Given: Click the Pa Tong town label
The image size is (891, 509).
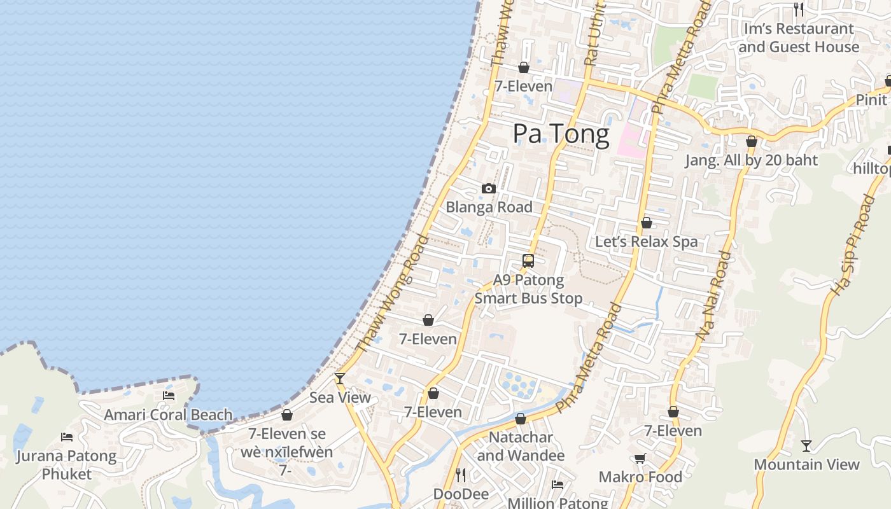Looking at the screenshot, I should (x=561, y=134).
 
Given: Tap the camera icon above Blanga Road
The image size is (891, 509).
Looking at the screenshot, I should (x=489, y=188).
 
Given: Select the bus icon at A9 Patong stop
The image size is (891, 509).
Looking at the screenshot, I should (x=528, y=260).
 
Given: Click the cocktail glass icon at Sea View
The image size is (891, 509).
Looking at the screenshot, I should (x=340, y=379).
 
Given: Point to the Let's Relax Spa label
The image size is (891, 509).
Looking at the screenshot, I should (x=646, y=242).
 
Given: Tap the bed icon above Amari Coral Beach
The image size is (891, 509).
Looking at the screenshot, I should (x=169, y=396).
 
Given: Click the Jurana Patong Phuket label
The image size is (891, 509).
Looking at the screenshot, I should (x=66, y=465).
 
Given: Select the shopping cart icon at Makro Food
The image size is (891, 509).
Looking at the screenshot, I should (x=640, y=458).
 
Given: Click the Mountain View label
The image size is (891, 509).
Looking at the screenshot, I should (x=806, y=464).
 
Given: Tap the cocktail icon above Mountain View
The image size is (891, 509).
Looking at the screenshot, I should (x=806, y=445).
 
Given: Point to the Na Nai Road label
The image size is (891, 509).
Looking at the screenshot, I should (x=712, y=295).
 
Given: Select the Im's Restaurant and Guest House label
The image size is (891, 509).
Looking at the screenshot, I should (x=799, y=38).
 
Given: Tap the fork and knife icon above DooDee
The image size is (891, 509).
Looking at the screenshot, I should (x=461, y=475).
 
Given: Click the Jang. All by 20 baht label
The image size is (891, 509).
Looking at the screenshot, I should (x=751, y=160).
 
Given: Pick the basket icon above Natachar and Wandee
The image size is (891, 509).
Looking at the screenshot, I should (x=521, y=419).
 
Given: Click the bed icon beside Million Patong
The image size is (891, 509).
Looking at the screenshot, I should (x=558, y=485).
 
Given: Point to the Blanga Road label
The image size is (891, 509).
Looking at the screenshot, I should (x=489, y=207).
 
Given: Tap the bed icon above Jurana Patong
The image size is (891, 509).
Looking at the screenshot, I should (x=67, y=436).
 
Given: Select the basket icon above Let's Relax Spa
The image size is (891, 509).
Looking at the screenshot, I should (x=647, y=223).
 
